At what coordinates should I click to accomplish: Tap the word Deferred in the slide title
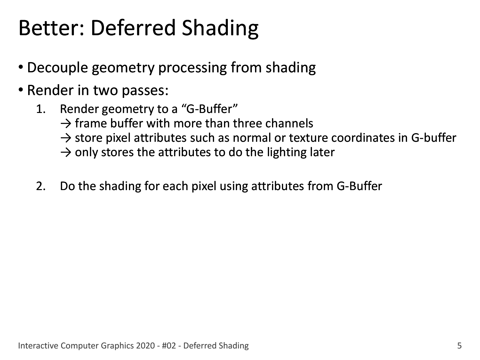133,28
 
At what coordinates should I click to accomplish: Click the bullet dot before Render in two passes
21,90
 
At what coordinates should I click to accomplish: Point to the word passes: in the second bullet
145,91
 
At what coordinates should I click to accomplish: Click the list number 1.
41,109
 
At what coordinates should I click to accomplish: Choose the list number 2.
41,186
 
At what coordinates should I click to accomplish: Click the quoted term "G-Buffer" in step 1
210,109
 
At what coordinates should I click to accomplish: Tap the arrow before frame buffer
66,124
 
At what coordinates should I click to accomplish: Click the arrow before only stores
66,153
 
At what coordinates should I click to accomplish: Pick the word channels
289,123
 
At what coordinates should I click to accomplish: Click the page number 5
459,346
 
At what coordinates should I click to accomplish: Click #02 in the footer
169,346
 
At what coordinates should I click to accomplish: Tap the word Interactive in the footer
38,346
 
